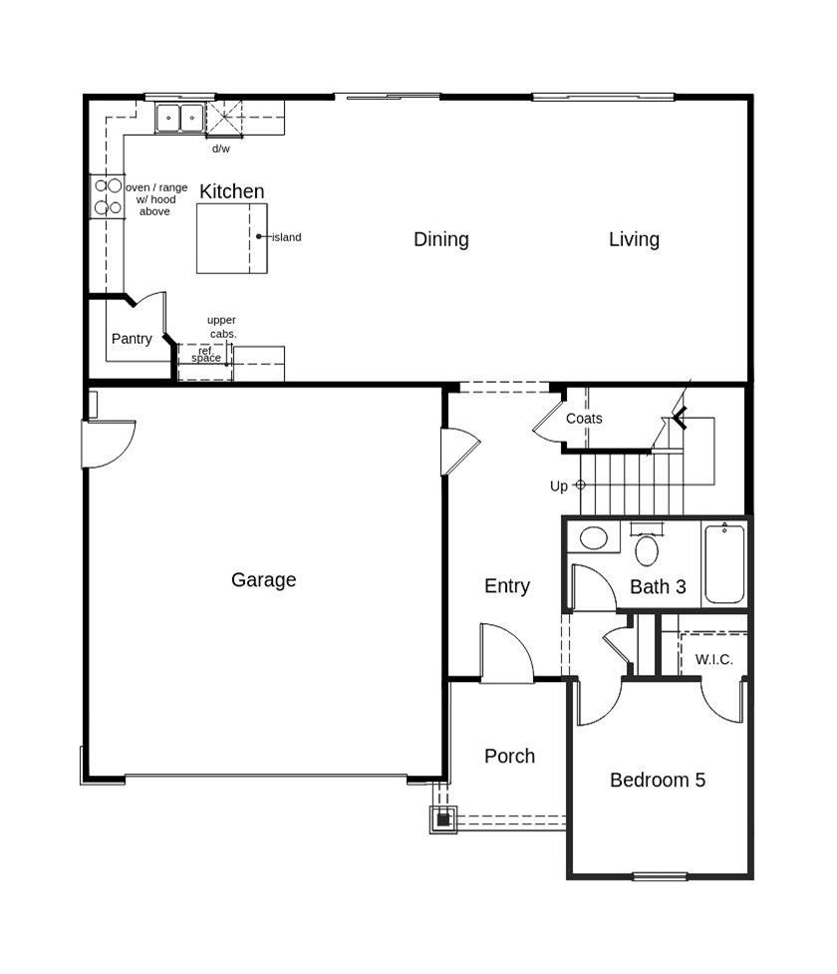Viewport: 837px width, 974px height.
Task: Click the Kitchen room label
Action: click(x=232, y=191)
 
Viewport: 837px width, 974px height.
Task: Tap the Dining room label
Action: click(x=441, y=239)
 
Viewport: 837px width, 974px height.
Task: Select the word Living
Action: click(x=634, y=239)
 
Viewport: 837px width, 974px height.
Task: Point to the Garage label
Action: click(x=263, y=579)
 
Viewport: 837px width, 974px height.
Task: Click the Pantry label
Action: click(x=132, y=339)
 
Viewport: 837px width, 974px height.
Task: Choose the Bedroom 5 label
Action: click(x=658, y=780)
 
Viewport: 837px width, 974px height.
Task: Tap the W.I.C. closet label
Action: click(x=714, y=660)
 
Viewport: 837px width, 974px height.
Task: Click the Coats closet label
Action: click(x=584, y=419)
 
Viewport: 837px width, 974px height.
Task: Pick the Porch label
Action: click(x=509, y=756)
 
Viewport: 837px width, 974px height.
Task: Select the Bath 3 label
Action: click(x=658, y=587)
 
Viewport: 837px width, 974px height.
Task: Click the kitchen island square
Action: click(x=231, y=238)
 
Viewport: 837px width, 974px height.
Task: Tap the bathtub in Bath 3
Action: click(x=724, y=563)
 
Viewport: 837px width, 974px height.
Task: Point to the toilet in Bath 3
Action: click(x=646, y=547)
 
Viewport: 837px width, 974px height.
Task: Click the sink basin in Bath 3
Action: click(x=594, y=539)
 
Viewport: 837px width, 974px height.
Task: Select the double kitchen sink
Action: click(x=179, y=119)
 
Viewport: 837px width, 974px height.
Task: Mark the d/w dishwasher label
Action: click(x=221, y=149)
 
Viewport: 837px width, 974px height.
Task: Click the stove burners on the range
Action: click(x=108, y=196)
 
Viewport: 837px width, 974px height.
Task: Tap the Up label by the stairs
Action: click(x=559, y=487)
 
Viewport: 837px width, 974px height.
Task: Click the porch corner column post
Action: click(x=443, y=819)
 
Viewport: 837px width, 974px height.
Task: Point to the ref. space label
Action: click(x=206, y=355)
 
